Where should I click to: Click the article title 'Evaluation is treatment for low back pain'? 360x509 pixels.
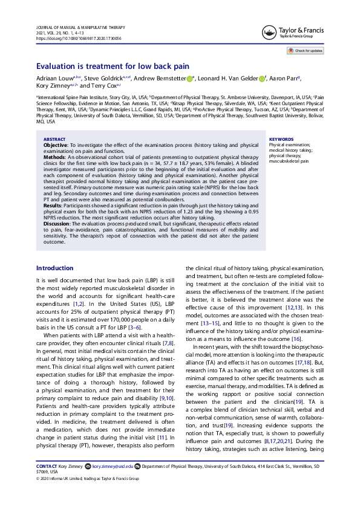(x=113, y=66)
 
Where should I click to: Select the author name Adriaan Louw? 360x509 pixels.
(x=55, y=78)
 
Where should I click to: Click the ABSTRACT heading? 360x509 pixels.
(x=55, y=139)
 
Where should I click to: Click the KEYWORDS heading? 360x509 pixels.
(x=281, y=139)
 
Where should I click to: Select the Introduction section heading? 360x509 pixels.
(x=55, y=268)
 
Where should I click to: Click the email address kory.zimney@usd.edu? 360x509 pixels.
(x=113, y=467)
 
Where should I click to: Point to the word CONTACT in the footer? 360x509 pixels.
(x=47, y=467)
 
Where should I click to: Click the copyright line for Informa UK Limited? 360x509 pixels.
(x=87, y=479)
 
